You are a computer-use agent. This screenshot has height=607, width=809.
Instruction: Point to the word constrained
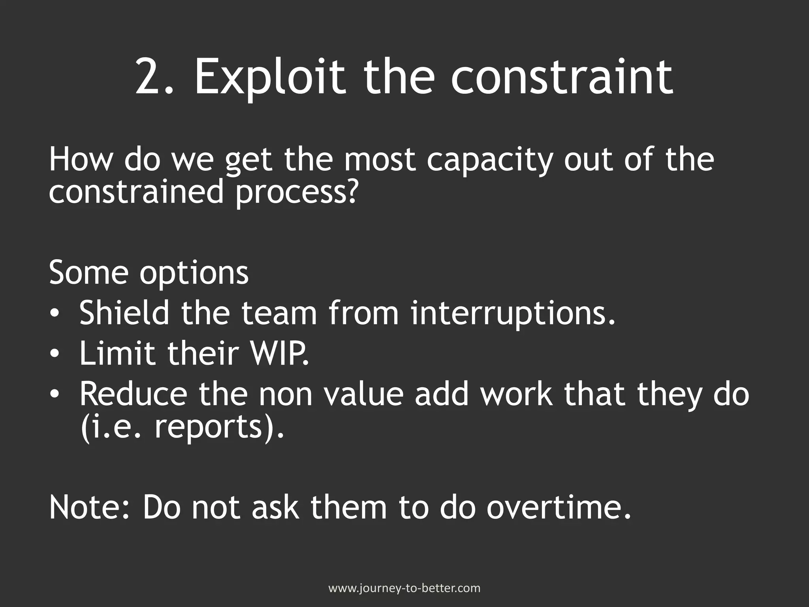136,192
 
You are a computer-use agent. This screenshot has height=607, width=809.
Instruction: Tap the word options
194,275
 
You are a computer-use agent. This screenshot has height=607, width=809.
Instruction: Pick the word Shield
124,313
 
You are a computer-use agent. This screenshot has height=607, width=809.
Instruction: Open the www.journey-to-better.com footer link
404,588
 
